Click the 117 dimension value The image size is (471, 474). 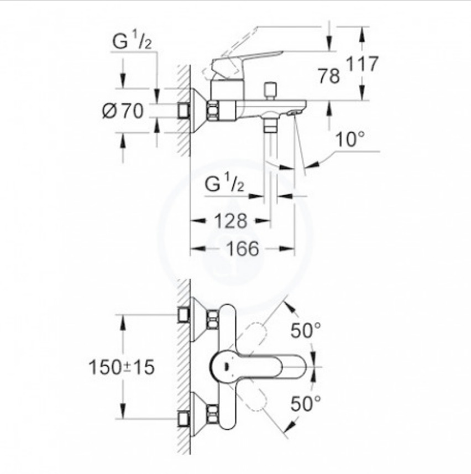(x=362, y=64)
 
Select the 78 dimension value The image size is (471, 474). (x=328, y=76)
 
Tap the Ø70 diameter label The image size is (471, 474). (x=123, y=111)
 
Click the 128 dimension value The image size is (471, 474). (x=231, y=221)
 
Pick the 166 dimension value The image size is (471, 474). (x=243, y=248)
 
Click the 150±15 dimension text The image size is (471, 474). (x=122, y=367)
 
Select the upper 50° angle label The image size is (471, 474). (x=306, y=330)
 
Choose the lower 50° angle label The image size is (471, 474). (x=306, y=404)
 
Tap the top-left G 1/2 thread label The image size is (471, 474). (x=132, y=41)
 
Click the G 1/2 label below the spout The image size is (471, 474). (x=224, y=184)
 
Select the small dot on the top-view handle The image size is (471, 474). (x=225, y=367)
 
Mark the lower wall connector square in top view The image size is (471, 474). (x=184, y=419)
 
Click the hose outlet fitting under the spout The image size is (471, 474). (x=270, y=125)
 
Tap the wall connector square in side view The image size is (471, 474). (x=184, y=111)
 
